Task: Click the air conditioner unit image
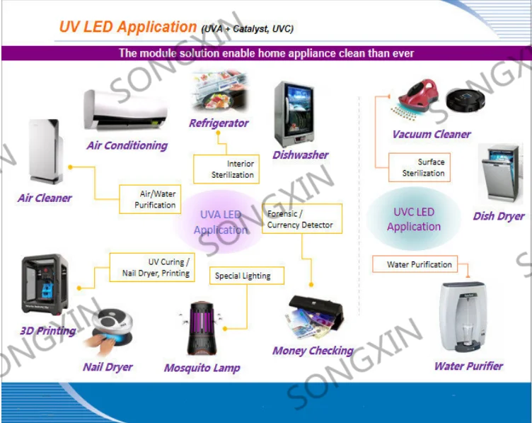(x=127, y=111)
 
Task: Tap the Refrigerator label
(x=219, y=123)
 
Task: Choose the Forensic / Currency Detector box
(x=302, y=219)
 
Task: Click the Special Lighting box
(x=243, y=276)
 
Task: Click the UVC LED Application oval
(x=413, y=219)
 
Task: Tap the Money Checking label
(x=313, y=351)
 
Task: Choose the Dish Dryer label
(x=499, y=216)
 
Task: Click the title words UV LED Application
(x=127, y=28)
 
